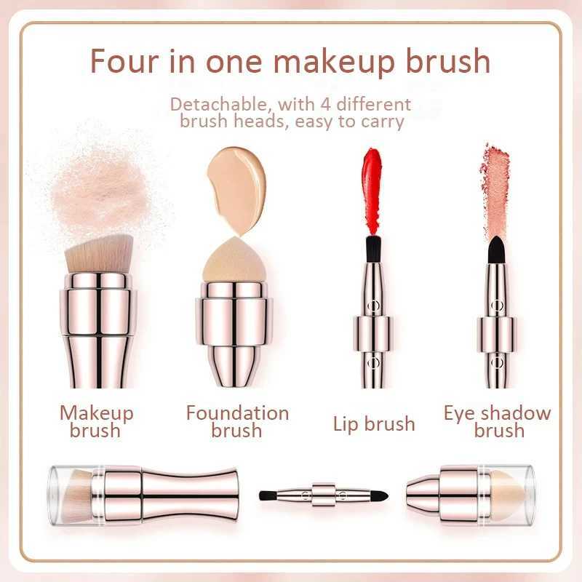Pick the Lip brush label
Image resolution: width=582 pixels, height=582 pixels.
click(x=374, y=423)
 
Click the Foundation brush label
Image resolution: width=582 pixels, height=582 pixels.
click(x=237, y=422)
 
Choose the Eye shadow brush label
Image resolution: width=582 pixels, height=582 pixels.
click(x=498, y=422)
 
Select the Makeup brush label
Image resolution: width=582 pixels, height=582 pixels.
click(x=97, y=422)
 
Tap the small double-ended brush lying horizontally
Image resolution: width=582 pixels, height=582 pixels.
click(x=323, y=495)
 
